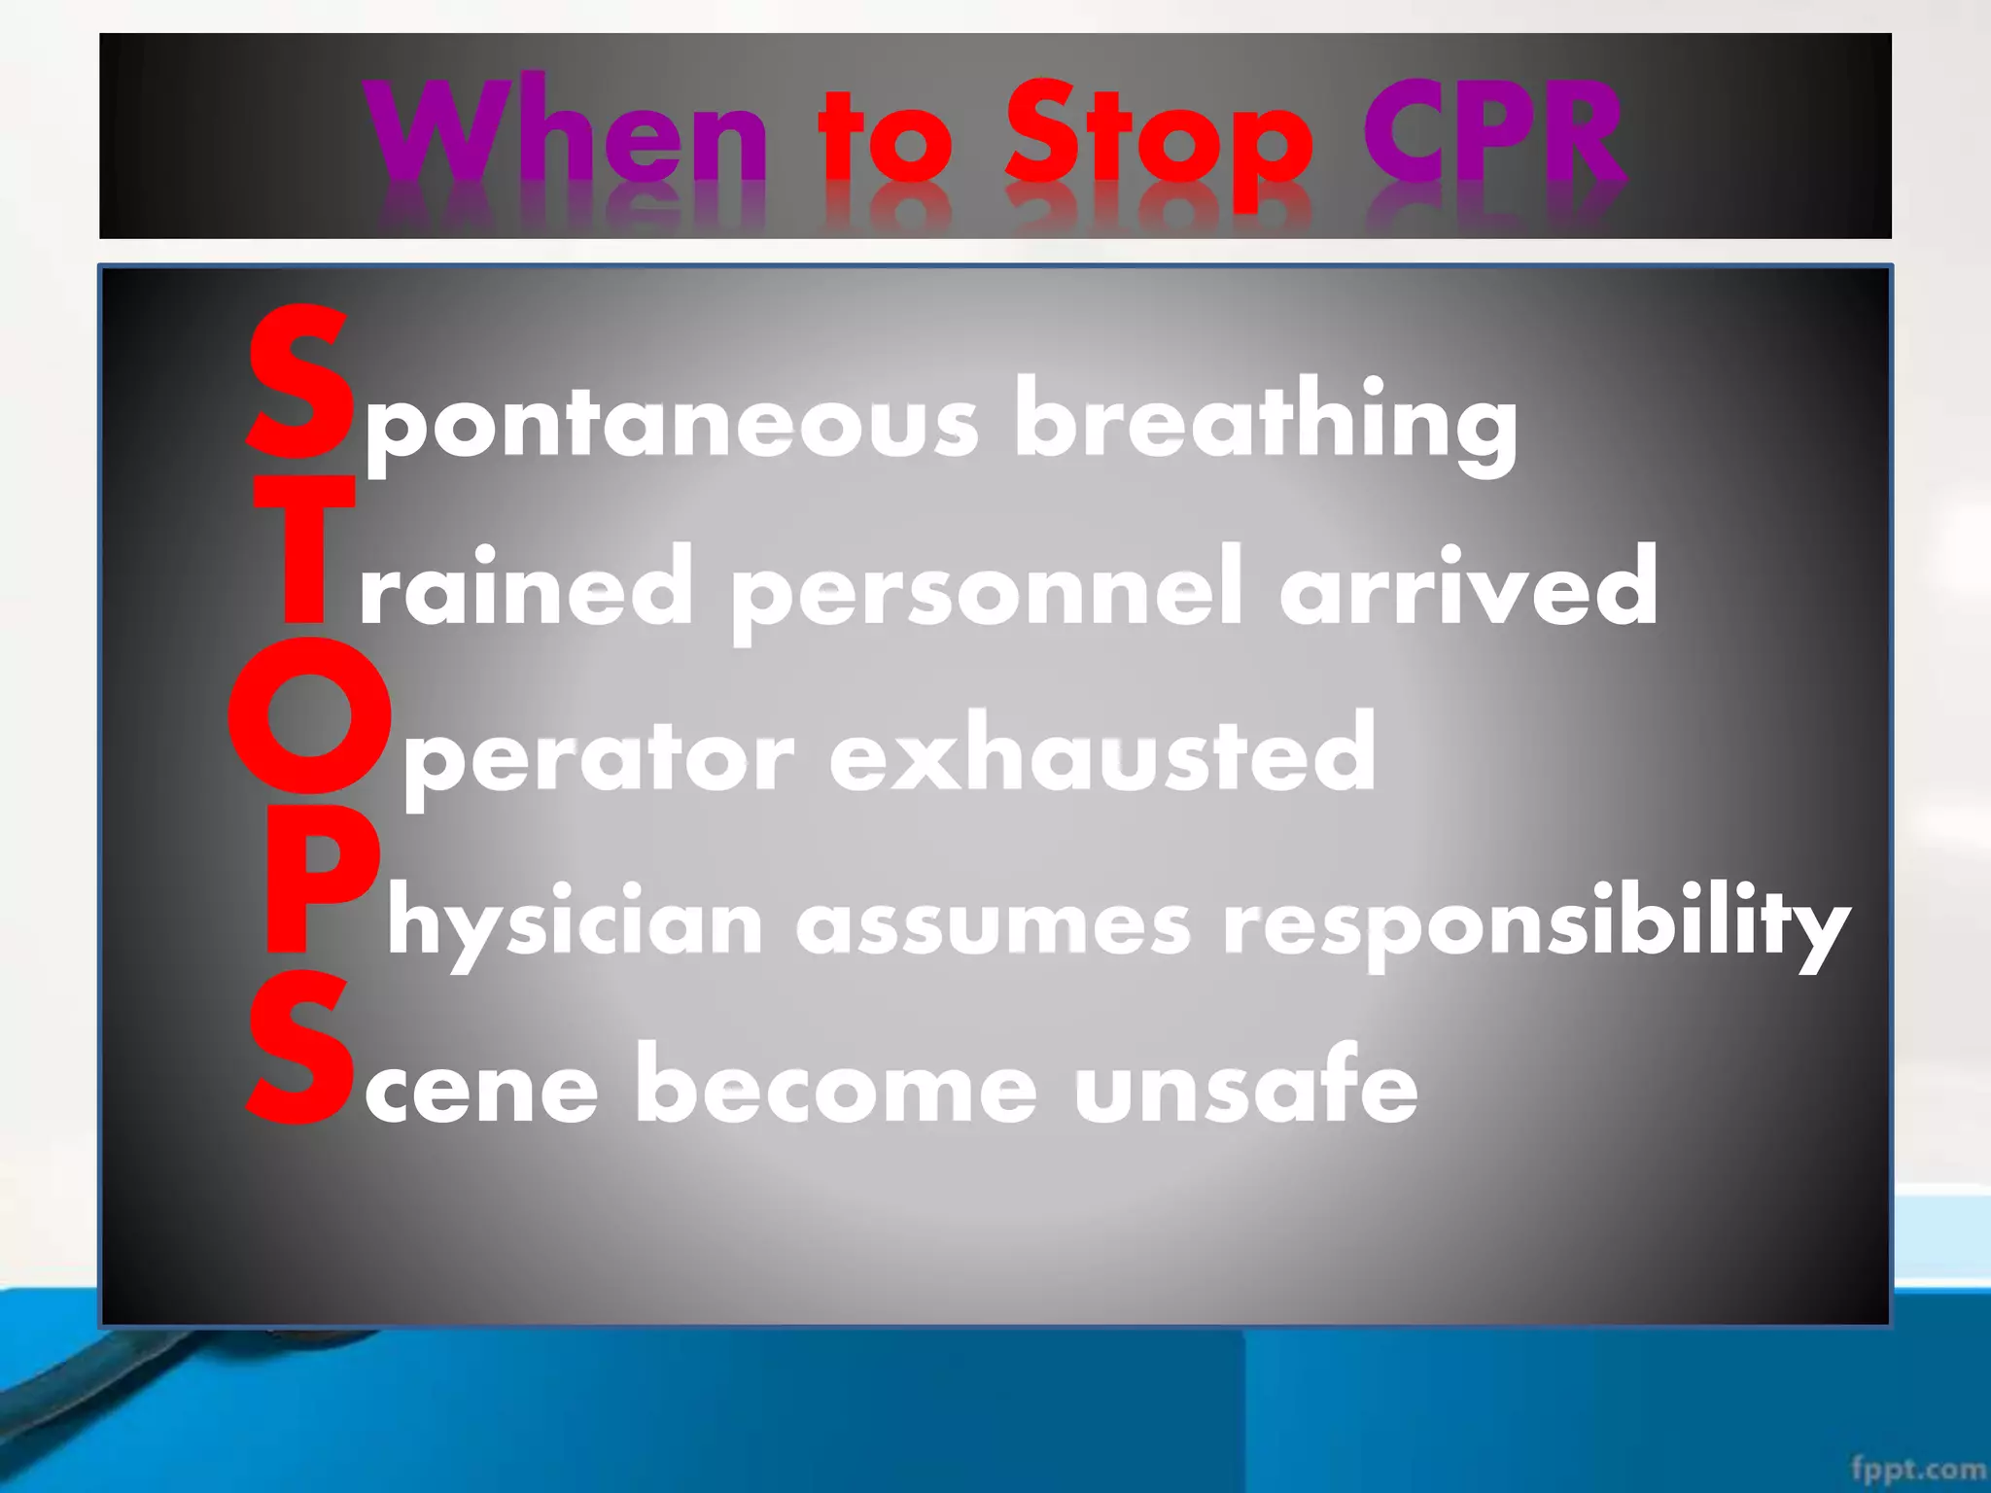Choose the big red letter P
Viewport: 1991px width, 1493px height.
point(317,880)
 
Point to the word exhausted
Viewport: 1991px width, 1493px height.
point(1102,754)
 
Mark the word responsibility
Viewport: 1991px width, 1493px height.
point(1536,923)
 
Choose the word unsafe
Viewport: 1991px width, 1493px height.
point(1245,1089)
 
